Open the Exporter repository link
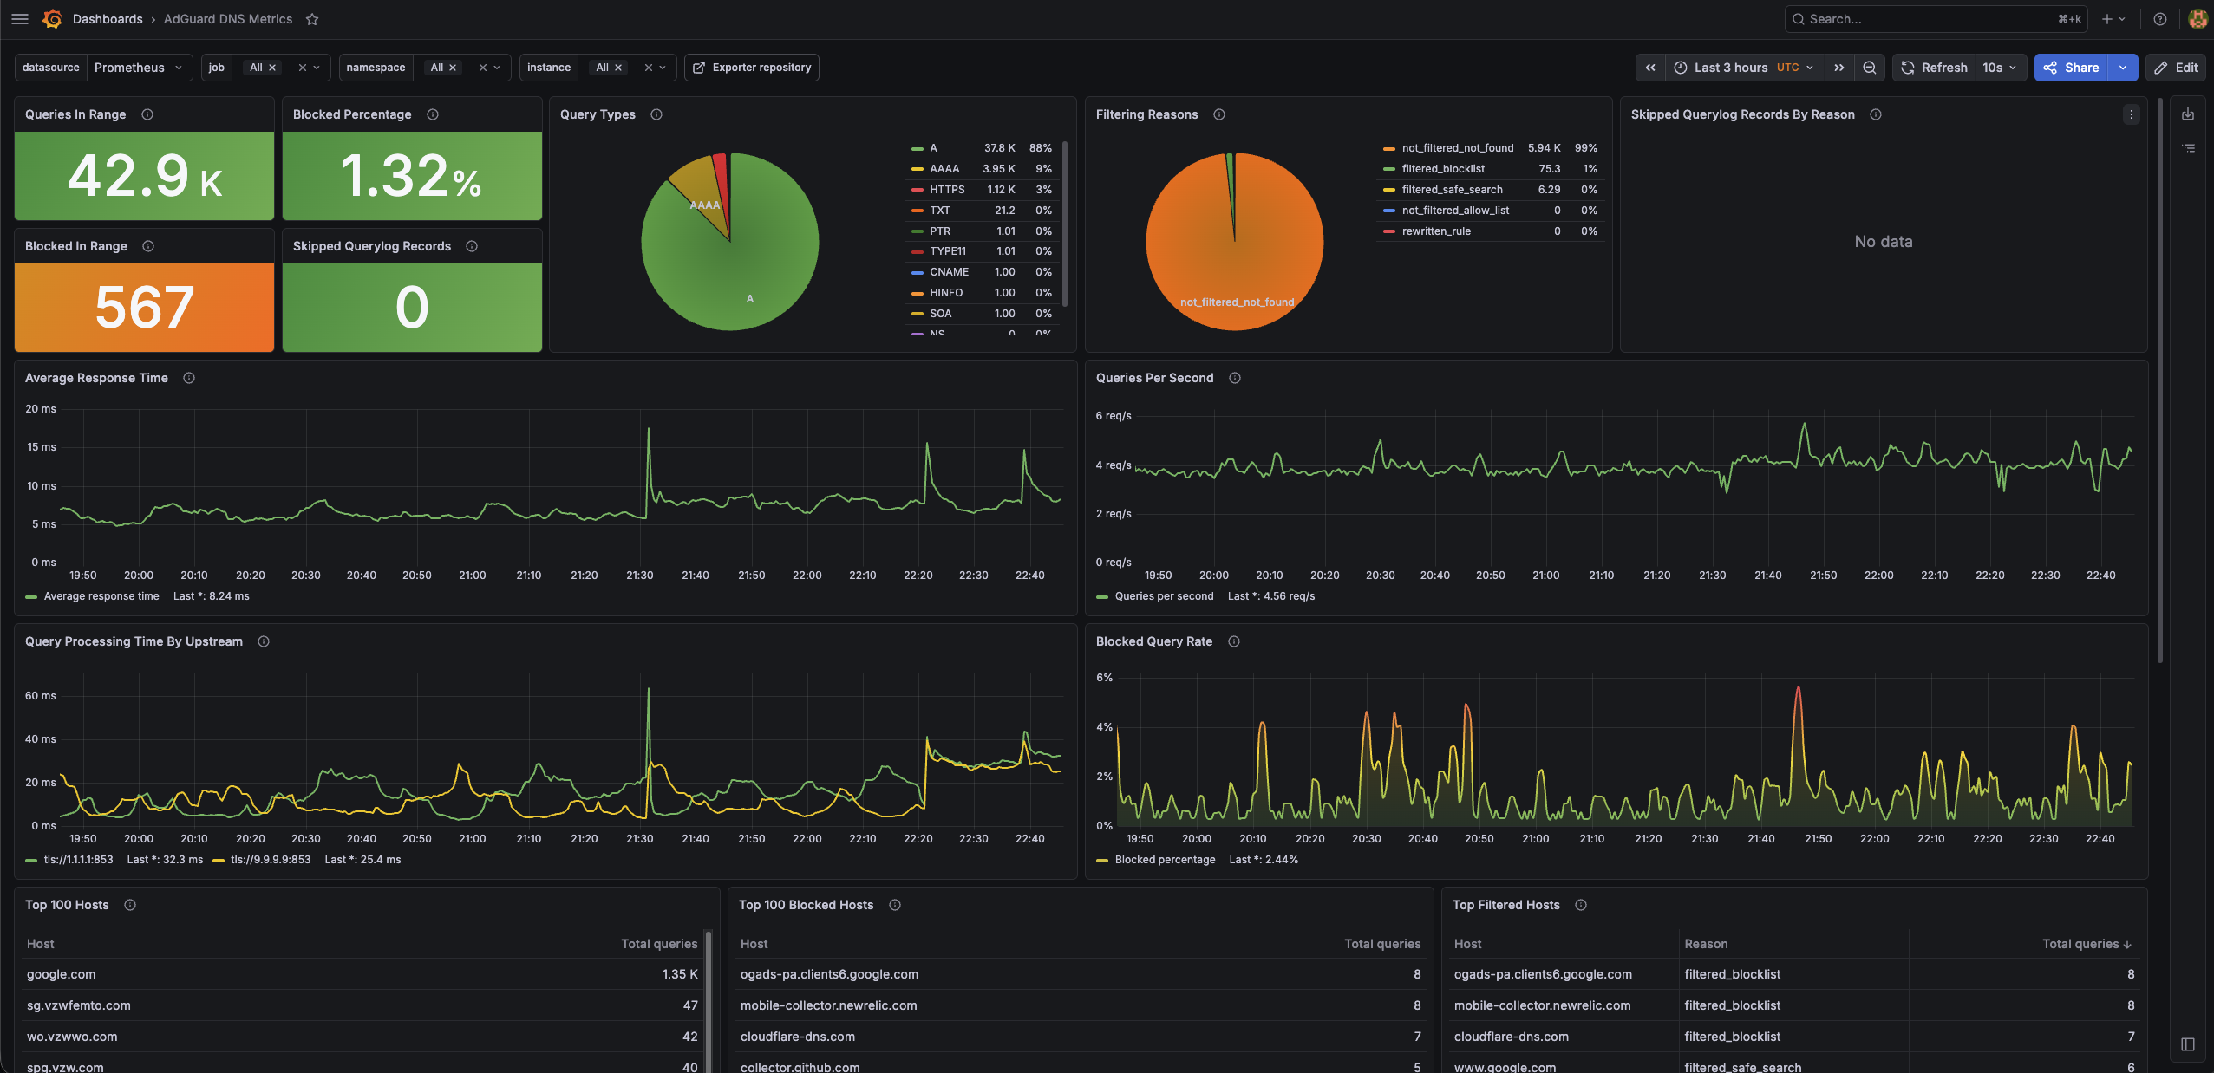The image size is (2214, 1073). [x=752, y=68]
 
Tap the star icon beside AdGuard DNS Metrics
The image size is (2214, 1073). [x=312, y=19]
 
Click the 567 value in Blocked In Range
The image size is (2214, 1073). [x=144, y=308]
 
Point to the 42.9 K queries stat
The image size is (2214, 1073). [x=145, y=176]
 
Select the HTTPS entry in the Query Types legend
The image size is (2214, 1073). [x=947, y=190]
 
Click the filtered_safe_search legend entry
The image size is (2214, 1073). [x=1452, y=190]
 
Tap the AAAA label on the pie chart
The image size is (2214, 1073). [x=705, y=205]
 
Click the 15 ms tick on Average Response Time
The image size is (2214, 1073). [x=41, y=447]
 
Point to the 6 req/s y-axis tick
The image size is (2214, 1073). [x=1114, y=416]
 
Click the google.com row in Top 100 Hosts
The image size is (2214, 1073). [x=62, y=974]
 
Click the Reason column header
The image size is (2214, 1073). [x=1706, y=944]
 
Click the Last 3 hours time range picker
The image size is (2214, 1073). [x=1744, y=68]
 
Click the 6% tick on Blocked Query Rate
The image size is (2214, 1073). [x=1104, y=678]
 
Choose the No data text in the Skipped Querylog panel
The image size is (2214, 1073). [x=1884, y=242]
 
